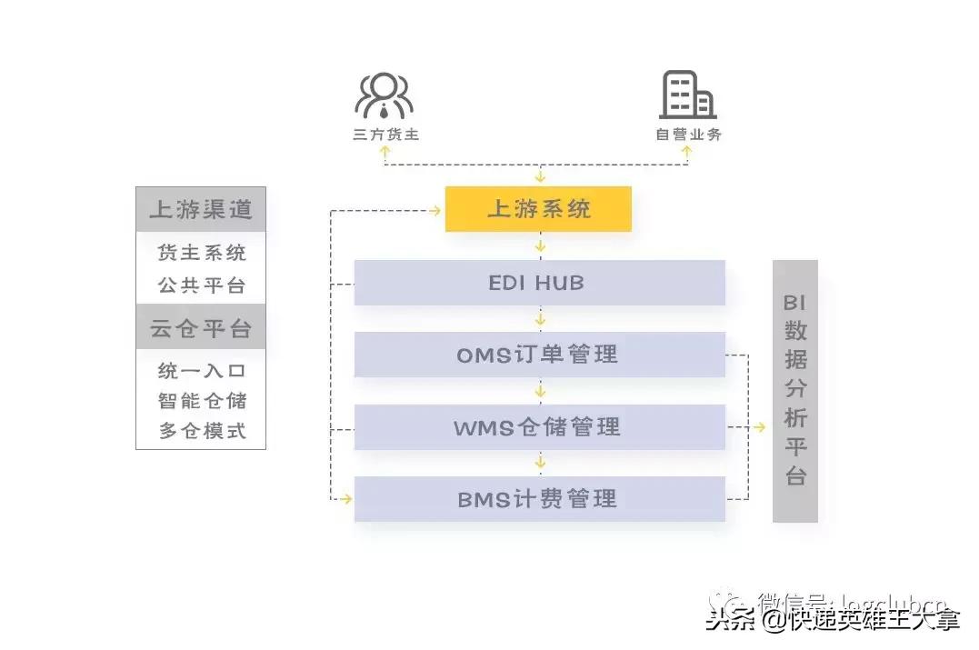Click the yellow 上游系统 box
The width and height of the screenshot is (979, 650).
[538, 209]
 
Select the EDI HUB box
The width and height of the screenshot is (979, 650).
[539, 283]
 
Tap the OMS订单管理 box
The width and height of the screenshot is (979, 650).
[539, 355]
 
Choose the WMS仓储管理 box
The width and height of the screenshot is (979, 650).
[539, 426]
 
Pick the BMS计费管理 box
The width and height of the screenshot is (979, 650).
[539, 499]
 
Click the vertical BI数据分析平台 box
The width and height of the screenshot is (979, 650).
[795, 391]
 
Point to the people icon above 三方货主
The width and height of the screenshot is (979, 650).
[384, 95]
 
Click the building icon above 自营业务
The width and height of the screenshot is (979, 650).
[687, 95]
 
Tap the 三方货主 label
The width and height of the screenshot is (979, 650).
[385, 135]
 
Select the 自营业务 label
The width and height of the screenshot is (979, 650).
[689, 135]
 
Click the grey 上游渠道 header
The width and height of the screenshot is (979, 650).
[201, 209]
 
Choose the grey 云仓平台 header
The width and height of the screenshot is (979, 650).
[201, 328]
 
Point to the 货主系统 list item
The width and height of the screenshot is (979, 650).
[201, 253]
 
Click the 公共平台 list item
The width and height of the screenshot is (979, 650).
[201, 285]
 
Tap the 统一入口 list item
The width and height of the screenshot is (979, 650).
[201, 371]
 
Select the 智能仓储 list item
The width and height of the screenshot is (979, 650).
[201, 401]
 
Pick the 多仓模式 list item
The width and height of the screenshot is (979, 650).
[201, 431]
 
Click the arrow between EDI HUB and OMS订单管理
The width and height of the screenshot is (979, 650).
[540, 319]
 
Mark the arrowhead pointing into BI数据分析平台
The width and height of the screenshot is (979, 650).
[762, 426]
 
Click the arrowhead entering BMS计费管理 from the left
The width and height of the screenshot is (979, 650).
[345, 498]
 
